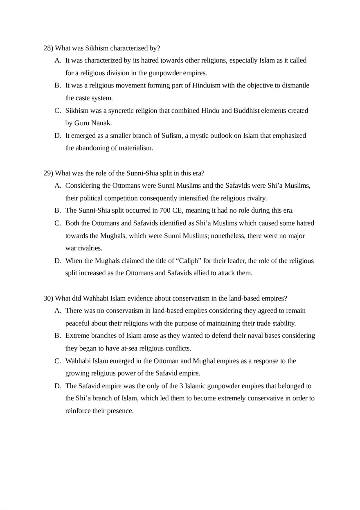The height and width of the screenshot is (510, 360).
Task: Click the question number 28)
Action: [48, 48]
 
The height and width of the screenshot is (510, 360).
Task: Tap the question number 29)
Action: [48, 173]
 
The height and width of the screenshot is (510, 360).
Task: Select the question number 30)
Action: [48, 298]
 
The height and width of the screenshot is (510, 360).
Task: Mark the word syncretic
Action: [119, 110]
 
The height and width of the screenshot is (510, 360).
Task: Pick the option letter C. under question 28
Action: [58, 110]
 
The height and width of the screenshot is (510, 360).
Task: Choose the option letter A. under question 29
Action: [58, 186]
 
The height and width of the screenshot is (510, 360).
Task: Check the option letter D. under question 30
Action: [58, 386]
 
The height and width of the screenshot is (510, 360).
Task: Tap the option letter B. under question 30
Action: [58, 336]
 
